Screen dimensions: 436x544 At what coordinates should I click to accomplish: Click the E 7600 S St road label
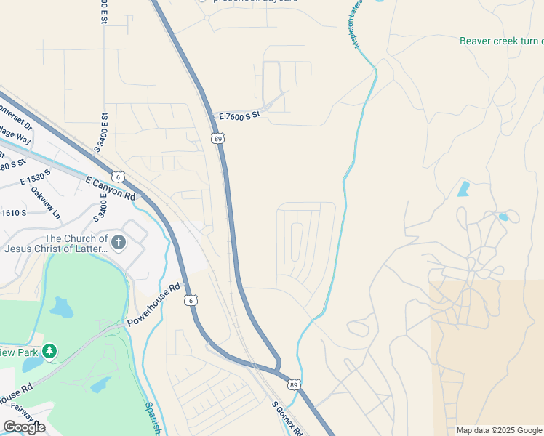tap(239, 116)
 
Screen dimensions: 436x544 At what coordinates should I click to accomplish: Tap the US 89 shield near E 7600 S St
tap(217, 137)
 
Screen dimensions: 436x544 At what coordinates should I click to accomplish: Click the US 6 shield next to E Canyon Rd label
tap(119, 177)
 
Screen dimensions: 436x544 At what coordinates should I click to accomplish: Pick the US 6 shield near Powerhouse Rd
tap(189, 299)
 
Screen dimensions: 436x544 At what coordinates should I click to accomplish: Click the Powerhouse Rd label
tap(153, 303)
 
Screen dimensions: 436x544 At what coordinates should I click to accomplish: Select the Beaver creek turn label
tap(501, 41)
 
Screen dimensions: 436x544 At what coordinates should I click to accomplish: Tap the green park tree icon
tap(49, 352)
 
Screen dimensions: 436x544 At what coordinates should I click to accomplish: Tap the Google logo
tap(24, 427)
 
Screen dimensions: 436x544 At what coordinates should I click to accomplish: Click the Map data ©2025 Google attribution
tap(499, 430)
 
